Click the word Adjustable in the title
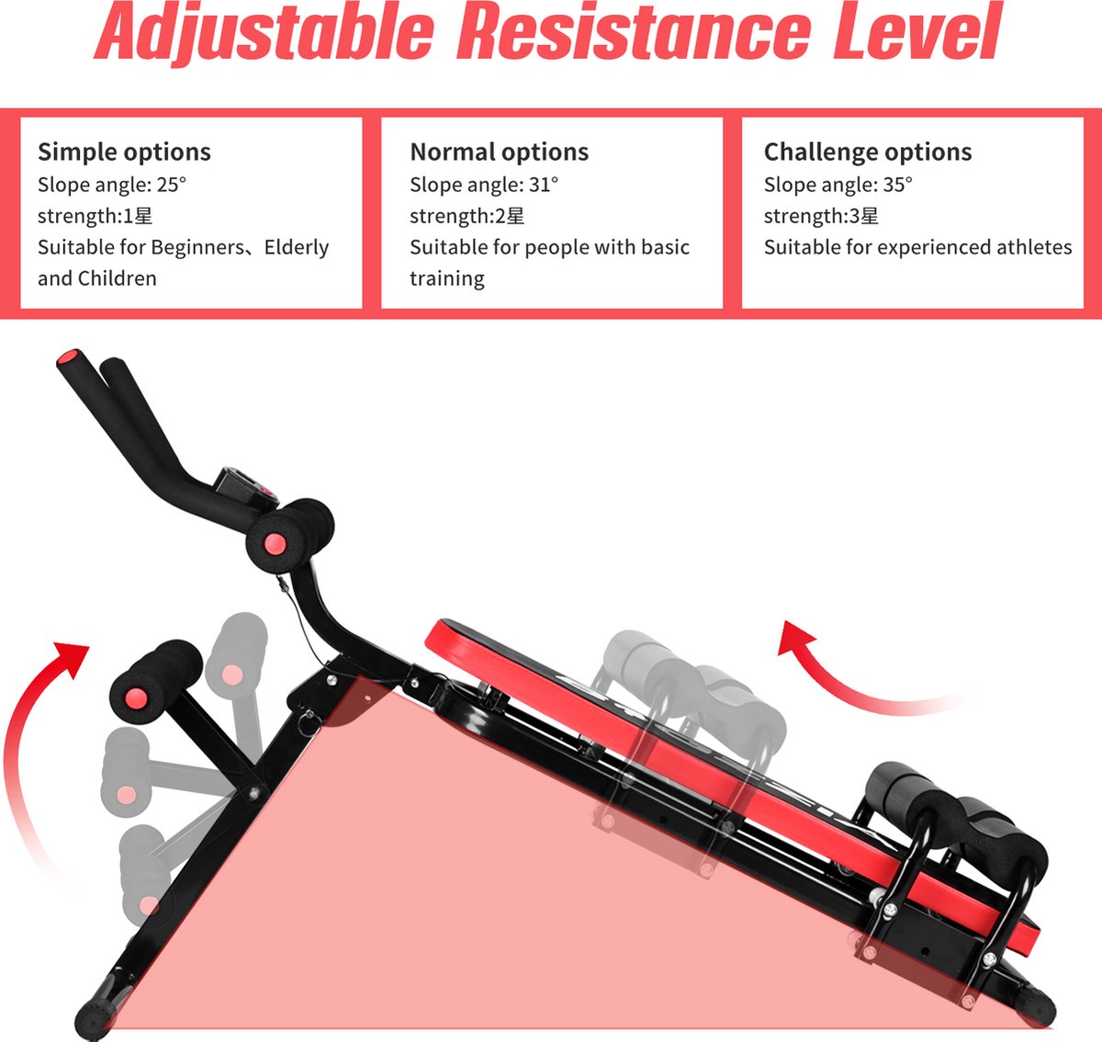[264, 32]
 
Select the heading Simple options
[124, 153]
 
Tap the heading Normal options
[499, 153]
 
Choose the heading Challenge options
[867, 153]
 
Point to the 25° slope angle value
[171, 185]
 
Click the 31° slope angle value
[544, 185]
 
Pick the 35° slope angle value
[897, 185]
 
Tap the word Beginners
[197, 248]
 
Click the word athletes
[1034, 247]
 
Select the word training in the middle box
[447, 278]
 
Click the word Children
[117, 278]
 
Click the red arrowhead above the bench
[794, 639]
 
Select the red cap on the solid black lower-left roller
[136, 698]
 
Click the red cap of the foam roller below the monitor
[275, 544]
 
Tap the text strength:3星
[821, 216]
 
